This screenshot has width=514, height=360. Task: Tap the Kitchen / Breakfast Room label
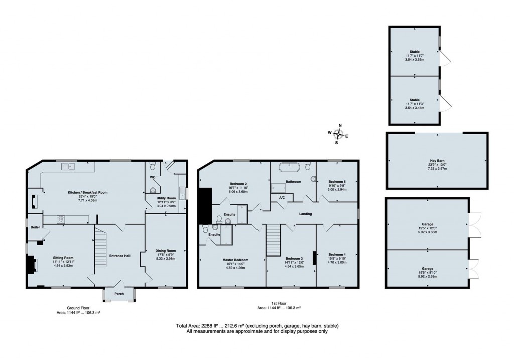click(88, 192)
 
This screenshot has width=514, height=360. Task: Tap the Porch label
click(119, 294)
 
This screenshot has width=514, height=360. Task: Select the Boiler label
click(34, 227)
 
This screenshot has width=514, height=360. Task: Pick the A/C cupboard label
click(282, 198)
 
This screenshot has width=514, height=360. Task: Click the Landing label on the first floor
click(305, 214)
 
